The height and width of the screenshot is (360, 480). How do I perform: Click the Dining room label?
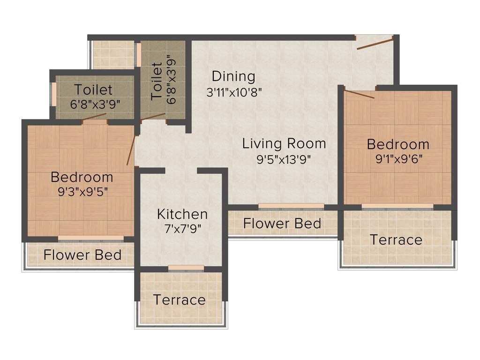[x=233, y=76]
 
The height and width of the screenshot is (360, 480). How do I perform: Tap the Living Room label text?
[x=284, y=143]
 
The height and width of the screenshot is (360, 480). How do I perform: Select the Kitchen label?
[x=182, y=214]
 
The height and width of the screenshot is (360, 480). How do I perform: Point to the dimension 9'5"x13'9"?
[x=284, y=159]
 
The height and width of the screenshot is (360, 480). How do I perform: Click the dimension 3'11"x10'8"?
[x=233, y=92]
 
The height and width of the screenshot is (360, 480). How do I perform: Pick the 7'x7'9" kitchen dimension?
[x=182, y=230]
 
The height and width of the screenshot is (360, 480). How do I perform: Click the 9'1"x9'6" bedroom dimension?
[x=397, y=158]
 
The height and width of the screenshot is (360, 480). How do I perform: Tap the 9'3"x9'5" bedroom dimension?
[x=82, y=192]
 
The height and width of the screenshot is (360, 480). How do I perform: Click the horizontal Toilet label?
[x=93, y=89]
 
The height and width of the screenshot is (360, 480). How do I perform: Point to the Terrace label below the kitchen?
[x=179, y=300]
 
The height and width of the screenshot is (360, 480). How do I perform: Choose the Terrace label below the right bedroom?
[x=396, y=240]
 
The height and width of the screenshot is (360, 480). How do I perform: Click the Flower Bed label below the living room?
[x=282, y=224]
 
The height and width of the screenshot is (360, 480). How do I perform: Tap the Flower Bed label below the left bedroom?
[x=82, y=255]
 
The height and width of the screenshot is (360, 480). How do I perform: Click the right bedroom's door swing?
[x=359, y=94]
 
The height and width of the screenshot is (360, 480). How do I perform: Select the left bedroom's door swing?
[x=132, y=150]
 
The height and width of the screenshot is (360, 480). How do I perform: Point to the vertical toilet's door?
[x=153, y=116]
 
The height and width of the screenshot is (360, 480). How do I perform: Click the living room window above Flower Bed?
[x=291, y=206]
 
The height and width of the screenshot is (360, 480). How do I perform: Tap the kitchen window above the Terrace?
[x=186, y=268]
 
